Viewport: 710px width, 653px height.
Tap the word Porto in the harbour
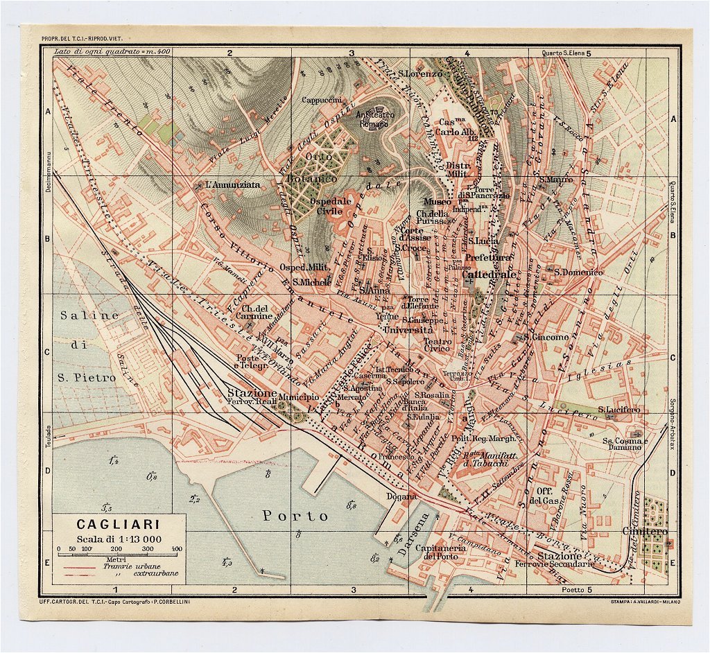pyautogui.click(x=295, y=516)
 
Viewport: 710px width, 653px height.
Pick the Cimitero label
pyautogui.click(x=645, y=532)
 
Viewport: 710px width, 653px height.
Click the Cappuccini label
pyautogui.click(x=321, y=100)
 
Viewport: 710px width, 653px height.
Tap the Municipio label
pyautogui.click(x=300, y=397)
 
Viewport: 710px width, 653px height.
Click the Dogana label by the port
pyautogui.click(x=402, y=496)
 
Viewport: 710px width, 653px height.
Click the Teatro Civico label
pyautogui.click(x=438, y=346)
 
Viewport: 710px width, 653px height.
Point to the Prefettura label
pyautogui.click(x=488, y=257)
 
